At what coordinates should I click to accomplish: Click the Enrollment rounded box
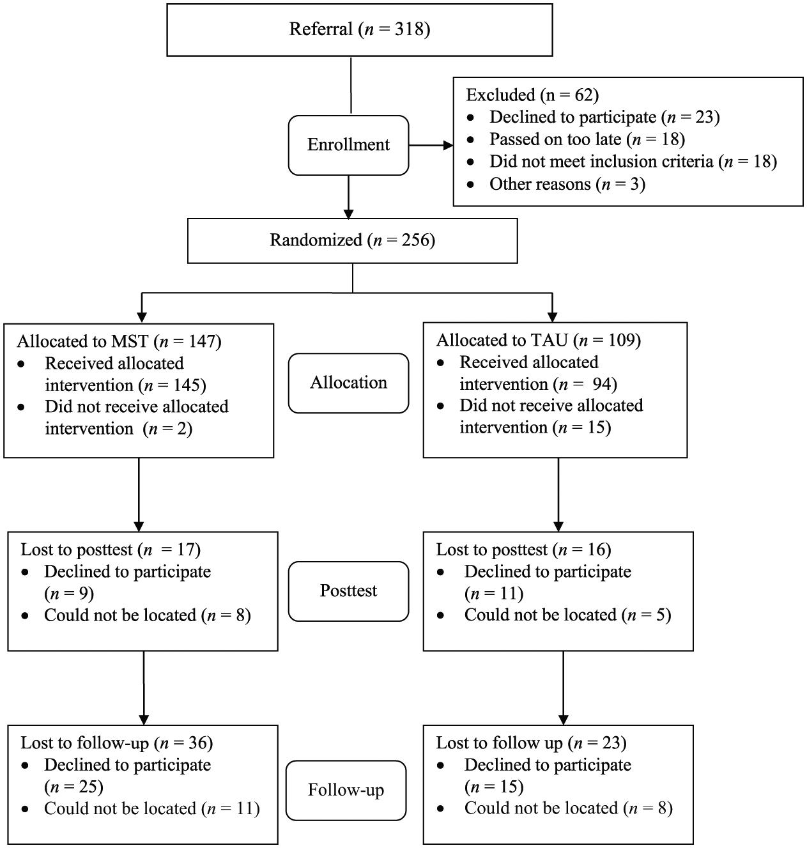click(x=348, y=145)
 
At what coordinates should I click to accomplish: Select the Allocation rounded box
click(x=348, y=383)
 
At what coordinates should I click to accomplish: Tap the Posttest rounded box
click(x=348, y=591)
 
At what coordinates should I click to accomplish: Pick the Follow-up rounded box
click(x=346, y=790)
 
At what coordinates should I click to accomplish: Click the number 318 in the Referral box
click(x=410, y=29)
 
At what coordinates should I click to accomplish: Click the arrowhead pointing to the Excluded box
click(x=448, y=145)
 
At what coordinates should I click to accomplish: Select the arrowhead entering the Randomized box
click(x=348, y=213)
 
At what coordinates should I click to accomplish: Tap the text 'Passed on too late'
click(x=555, y=139)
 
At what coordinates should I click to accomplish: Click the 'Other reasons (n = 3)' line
click(x=567, y=184)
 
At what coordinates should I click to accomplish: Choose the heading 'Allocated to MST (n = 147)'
click(x=119, y=341)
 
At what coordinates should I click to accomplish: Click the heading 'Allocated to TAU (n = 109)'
click(x=539, y=340)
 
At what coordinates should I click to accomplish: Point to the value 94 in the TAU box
click(x=602, y=384)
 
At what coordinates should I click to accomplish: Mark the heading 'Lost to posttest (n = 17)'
click(x=111, y=550)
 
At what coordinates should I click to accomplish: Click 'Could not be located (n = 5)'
click(x=567, y=615)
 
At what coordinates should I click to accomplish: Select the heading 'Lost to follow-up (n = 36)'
click(x=117, y=743)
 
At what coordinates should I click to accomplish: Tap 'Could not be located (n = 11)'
click(x=152, y=808)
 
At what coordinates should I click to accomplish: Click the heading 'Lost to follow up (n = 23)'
click(x=532, y=743)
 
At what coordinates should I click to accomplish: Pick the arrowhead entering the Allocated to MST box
click(x=141, y=317)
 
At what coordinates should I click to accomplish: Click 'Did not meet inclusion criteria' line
click(x=633, y=162)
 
